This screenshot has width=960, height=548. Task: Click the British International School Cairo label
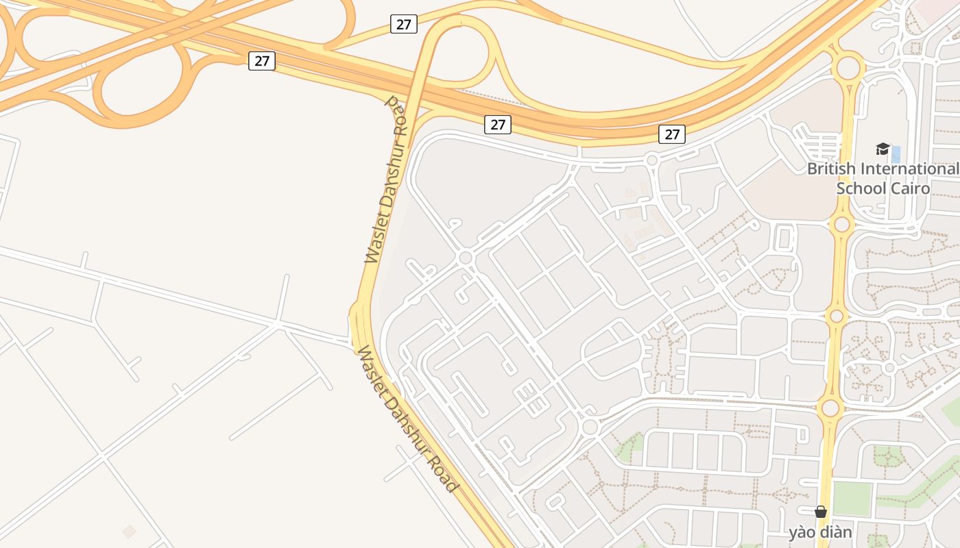(883, 178)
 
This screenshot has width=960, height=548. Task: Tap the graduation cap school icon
(883, 149)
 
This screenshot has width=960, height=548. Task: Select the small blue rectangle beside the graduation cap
(896, 154)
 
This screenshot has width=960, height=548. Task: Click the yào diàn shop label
(820, 532)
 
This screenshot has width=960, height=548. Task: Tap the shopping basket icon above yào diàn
(820, 512)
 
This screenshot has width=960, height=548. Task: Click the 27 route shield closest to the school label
(672, 134)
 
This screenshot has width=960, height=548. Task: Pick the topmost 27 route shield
(404, 24)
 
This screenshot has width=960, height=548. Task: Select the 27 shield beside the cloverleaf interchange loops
(262, 60)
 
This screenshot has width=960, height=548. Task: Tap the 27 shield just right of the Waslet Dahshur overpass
(498, 124)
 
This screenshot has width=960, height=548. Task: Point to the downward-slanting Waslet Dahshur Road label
(406, 421)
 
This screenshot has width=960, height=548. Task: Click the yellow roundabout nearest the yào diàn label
(830, 408)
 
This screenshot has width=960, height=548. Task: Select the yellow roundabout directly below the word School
(842, 224)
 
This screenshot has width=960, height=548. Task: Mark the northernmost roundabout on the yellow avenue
(848, 68)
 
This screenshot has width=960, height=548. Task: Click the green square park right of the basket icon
(852, 498)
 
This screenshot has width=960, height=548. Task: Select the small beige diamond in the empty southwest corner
(129, 531)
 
